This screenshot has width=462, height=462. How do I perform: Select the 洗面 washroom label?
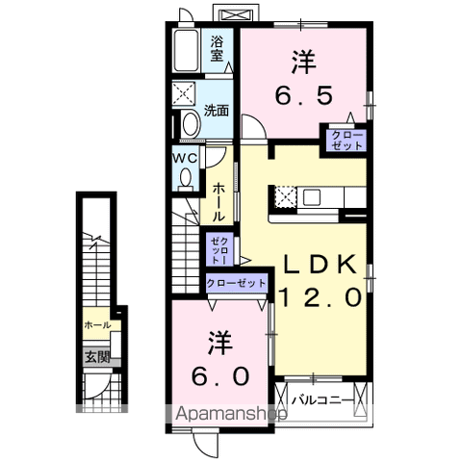click(218, 111)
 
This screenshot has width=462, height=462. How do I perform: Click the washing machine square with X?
click(184, 93)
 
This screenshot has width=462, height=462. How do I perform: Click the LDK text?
click(321, 264)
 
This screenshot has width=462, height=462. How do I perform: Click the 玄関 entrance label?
click(96, 357)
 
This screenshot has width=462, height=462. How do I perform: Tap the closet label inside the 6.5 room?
click(346, 140)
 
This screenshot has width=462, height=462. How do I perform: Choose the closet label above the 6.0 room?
click(235, 284)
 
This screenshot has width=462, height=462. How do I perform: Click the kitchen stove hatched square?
click(284, 197)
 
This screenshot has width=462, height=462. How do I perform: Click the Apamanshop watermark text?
click(231, 415)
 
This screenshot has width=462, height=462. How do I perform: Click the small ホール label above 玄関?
click(96, 325)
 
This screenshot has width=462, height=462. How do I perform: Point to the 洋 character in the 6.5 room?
click(302, 61)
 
